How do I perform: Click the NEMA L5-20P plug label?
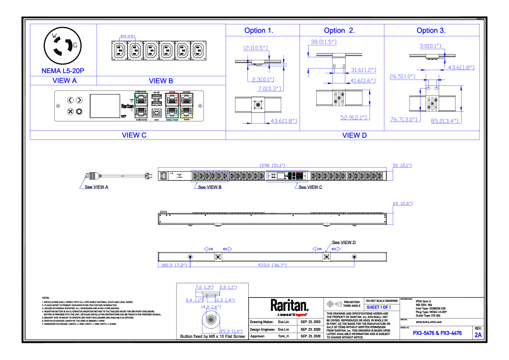[63, 71]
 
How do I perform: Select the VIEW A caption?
[64, 80]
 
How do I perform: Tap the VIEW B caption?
[161, 80]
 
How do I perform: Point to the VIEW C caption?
[134, 135]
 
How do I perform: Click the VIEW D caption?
[354, 136]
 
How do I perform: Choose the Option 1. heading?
[259, 30]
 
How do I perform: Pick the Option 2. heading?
[339, 30]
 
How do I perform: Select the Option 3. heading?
[431, 30]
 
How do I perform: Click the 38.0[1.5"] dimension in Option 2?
[323, 42]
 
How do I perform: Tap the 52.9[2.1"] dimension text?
[354, 117]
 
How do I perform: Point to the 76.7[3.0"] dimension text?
[403, 120]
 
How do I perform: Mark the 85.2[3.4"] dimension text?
[444, 121]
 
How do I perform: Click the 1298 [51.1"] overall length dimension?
[272, 165]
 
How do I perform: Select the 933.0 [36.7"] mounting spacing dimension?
[272, 265]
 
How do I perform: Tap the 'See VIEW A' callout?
[96, 187]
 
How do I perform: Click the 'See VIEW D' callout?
[344, 242]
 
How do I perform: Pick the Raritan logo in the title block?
[289, 306]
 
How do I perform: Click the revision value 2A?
[478, 335]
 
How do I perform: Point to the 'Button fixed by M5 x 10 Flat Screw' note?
[212, 336]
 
